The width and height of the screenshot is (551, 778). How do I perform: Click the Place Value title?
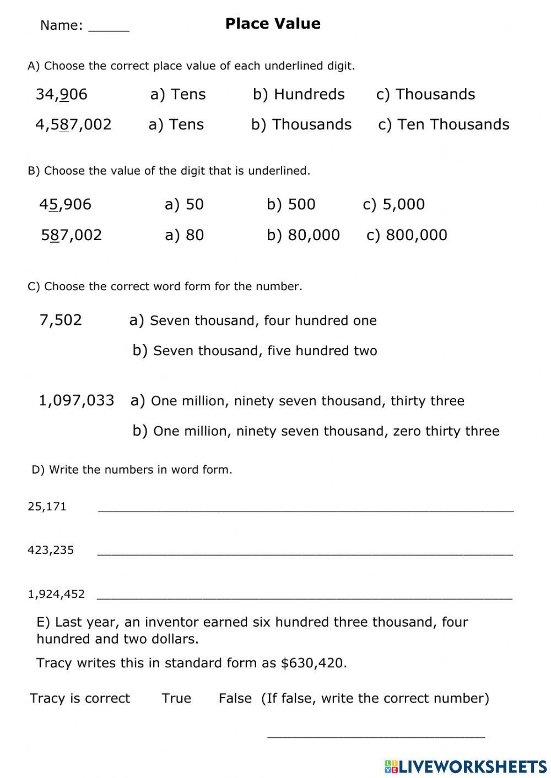tap(273, 24)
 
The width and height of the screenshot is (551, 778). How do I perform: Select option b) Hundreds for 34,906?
tap(299, 94)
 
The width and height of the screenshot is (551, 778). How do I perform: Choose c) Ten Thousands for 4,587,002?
tap(444, 124)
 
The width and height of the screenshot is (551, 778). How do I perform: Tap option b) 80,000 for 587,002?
tap(303, 235)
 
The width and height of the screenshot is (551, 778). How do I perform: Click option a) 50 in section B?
tap(184, 204)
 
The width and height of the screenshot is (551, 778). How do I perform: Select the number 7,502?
tap(61, 320)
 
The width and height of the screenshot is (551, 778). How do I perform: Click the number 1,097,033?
tap(76, 400)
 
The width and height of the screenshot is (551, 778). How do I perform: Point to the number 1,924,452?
tap(56, 594)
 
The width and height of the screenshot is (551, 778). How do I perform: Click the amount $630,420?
tap(314, 663)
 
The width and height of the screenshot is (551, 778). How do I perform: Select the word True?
tap(176, 698)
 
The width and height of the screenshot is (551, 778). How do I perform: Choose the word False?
tap(235, 698)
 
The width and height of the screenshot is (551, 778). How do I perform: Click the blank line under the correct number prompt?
tap(376, 735)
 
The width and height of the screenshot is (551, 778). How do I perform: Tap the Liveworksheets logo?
tap(465, 766)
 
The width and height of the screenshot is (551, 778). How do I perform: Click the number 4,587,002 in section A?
tap(73, 124)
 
